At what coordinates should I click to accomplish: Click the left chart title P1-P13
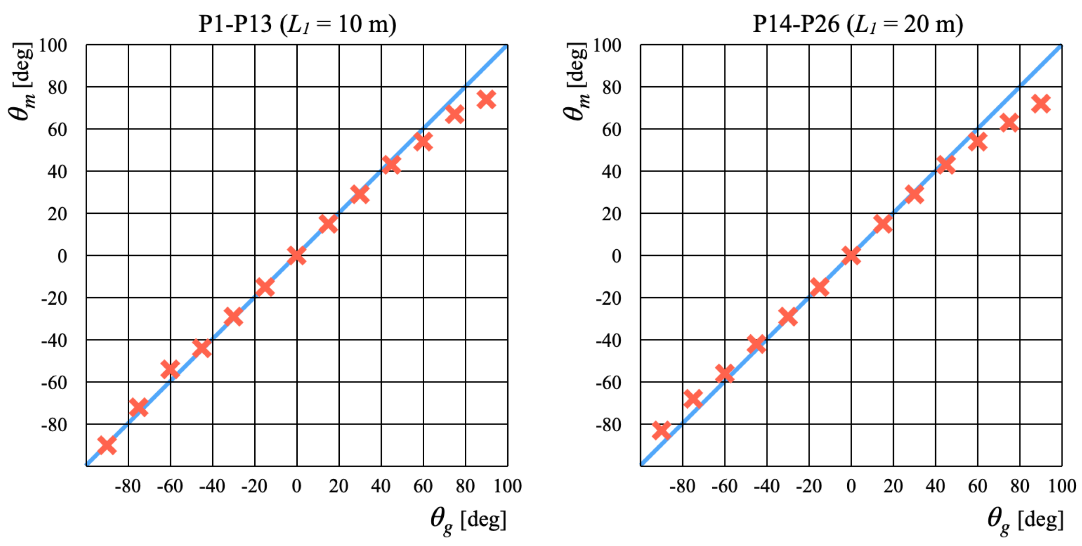point(297,24)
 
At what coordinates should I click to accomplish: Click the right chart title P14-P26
point(857,24)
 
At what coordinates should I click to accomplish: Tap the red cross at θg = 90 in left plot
point(486,100)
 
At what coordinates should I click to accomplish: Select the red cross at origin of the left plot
point(296,255)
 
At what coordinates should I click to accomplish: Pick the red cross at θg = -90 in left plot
point(107,445)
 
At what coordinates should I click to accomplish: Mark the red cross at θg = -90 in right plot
point(662,431)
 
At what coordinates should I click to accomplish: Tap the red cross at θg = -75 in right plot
point(693,398)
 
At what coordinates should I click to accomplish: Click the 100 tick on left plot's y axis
point(53,45)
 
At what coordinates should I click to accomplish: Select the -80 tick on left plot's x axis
point(128,486)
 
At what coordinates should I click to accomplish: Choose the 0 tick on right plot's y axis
point(616,256)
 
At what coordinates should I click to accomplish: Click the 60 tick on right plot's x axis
point(977,486)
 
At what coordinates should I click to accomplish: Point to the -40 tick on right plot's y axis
point(608,340)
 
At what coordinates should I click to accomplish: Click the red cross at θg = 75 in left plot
point(455,114)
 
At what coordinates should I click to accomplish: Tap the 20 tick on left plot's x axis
point(339,486)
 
